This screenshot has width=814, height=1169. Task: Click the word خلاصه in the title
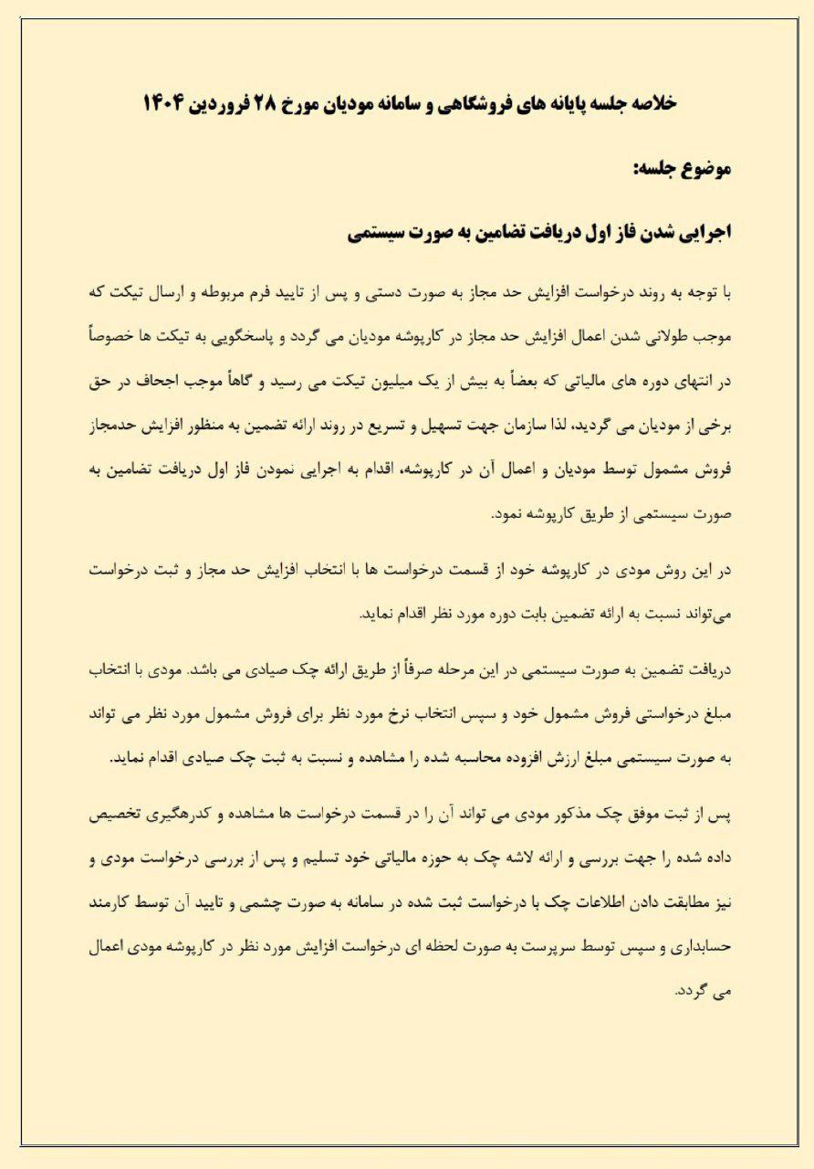651,103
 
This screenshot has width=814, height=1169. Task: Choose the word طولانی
657,338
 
